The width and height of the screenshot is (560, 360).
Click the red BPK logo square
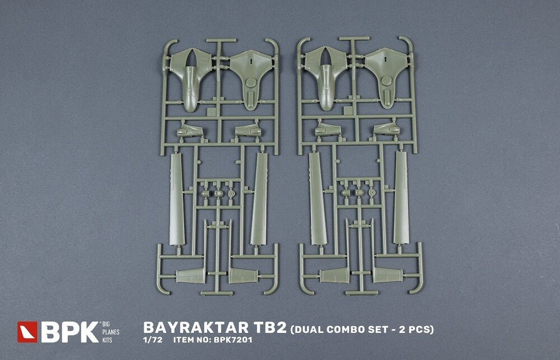click(27, 332)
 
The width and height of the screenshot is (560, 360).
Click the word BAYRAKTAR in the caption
click(192, 328)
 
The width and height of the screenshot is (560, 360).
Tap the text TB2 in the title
click(265, 328)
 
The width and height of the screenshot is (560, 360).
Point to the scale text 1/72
click(152, 340)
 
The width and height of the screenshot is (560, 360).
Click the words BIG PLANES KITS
click(110, 332)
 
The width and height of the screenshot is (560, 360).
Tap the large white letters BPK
click(69, 332)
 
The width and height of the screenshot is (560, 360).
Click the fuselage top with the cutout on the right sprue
click(325, 77)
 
